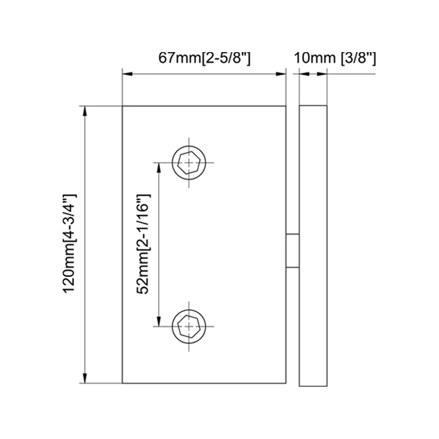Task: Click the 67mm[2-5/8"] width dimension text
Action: point(204,58)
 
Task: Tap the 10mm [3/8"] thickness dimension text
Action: point(335,58)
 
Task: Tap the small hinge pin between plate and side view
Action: point(292,251)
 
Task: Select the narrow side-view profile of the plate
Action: point(313,245)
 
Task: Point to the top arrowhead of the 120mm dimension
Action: point(85,110)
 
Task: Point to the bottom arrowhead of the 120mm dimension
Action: point(85,379)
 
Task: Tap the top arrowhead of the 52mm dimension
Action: point(159,167)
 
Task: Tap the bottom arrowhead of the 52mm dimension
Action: point(159,323)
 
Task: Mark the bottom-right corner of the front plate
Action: point(286,384)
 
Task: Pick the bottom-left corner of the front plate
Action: point(122,384)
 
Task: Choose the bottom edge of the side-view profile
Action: point(313,384)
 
